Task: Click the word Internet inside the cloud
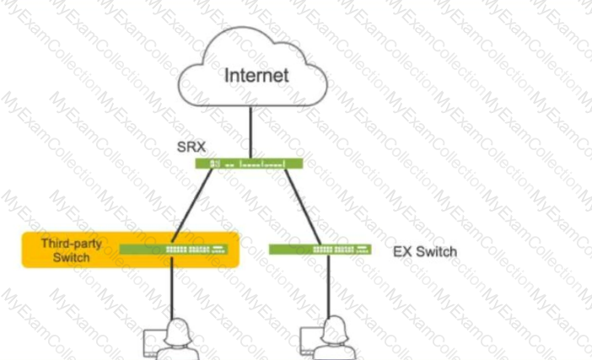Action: [x=256, y=75]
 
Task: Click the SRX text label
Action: [x=191, y=147]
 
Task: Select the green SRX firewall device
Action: [x=249, y=164]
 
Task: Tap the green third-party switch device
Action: [x=174, y=249]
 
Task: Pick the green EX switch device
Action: [x=320, y=249]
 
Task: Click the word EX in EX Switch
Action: [x=402, y=252]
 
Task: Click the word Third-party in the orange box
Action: [x=72, y=244]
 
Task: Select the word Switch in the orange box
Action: [x=72, y=257]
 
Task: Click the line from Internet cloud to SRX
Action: [x=250, y=132]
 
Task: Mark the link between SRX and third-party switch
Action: [x=191, y=206]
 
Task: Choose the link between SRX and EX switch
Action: [x=303, y=207]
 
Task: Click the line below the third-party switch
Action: [x=172, y=287]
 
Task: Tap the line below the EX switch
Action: [x=329, y=286]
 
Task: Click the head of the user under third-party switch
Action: [x=177, y=331]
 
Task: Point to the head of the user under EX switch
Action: [x=334, y=329]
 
